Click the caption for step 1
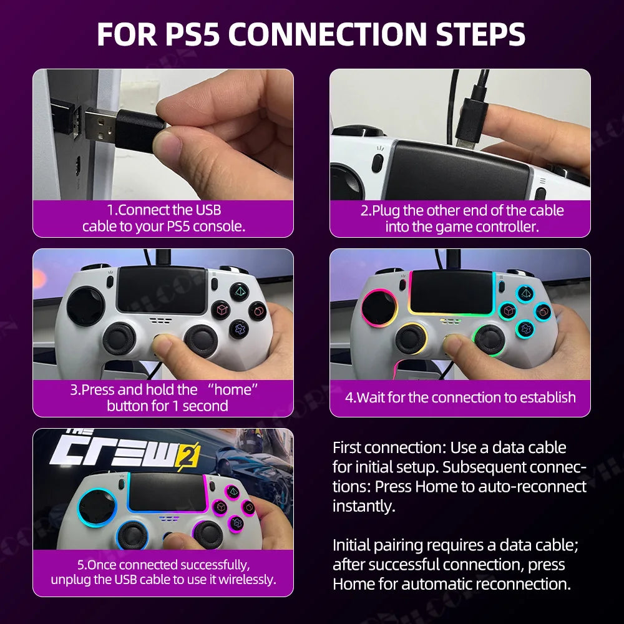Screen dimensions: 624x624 coord(163,218)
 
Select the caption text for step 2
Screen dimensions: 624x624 coord(461,218)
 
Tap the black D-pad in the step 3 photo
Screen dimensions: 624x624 coord(85,306)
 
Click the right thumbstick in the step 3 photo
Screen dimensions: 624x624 coord(201,339)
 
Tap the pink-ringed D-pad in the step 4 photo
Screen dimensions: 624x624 coord(379,307)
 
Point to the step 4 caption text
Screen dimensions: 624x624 coord(461,397)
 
